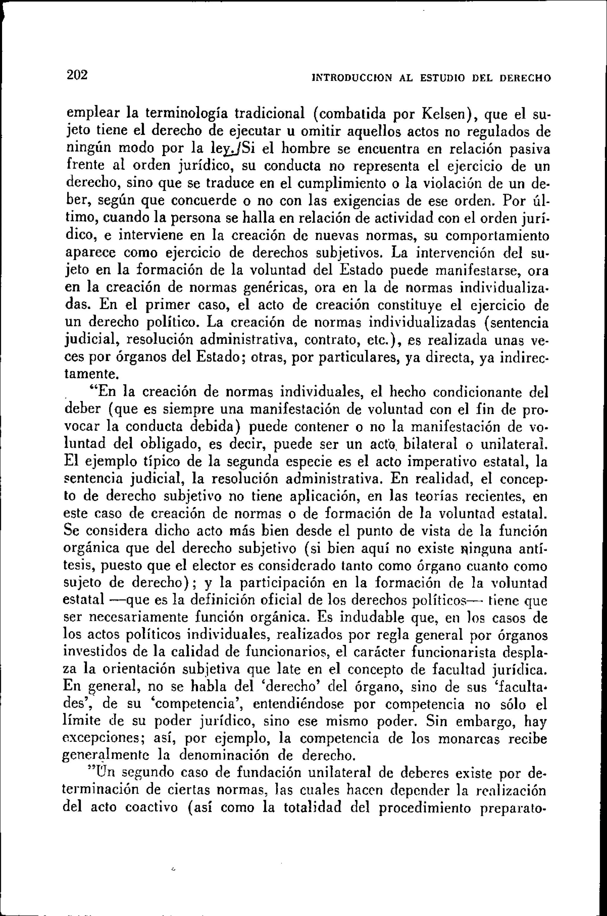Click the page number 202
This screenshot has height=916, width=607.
77,75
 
